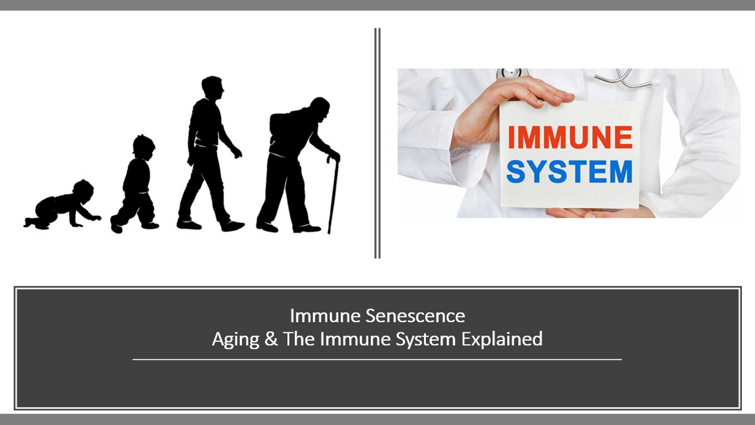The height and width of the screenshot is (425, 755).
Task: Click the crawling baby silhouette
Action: (61, 206)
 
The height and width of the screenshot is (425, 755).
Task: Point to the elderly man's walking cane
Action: (333, 195)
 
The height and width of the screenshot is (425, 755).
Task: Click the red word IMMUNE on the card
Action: (570, 137)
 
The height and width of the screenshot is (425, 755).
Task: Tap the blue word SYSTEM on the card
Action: (569, 172)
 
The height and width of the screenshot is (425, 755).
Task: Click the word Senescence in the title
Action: (415, 316)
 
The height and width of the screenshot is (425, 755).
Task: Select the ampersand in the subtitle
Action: (271, 339)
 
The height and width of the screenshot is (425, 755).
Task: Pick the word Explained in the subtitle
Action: (502, 339)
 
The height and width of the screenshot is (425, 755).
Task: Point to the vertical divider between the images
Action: (377, 143)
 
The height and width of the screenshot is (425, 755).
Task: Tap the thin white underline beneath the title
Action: (377, 359)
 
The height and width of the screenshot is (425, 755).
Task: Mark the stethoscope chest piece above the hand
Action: (511, 73)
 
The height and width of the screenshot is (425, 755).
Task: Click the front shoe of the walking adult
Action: (232, 225)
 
